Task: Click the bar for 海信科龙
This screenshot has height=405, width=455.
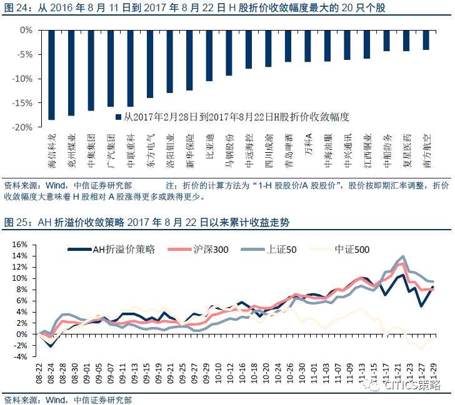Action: coord(52,74)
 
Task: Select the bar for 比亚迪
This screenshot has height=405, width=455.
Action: coord(209,56)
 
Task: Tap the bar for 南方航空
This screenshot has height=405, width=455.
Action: coord(426,40)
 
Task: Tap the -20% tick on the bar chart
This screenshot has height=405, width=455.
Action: coord(24,127)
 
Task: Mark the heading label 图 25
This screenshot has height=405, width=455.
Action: coord(16,222)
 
